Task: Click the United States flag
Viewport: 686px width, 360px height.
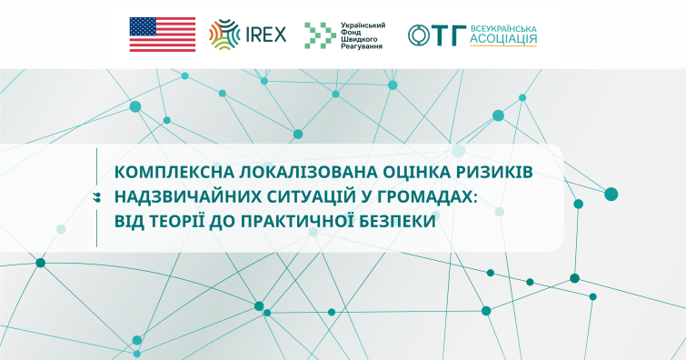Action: pyautogui.click(x=163, y=35)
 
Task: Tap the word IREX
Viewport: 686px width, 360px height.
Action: pyautogui.click(x=266, y=35)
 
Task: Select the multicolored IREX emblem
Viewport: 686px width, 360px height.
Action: pyautogui.click(x=224, y=35)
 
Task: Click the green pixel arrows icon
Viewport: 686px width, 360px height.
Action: pyautogui.click(x=320, y=35)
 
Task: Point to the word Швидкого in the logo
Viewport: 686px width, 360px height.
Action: pyautogui.click(x=358, y=39)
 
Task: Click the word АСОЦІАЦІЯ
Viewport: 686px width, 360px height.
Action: pyautogui.click(x=503, y=39)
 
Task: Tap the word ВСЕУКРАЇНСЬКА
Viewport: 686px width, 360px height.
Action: pyautogui.click(x=503, y=29)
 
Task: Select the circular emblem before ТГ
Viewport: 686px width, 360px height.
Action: pyautogui.click(x=419, y=35)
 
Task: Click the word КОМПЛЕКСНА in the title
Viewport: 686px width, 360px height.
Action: pyautogui.click(x=174, y=172)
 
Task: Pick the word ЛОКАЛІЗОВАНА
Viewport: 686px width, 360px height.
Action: pyautogui.click(x=308, y=172)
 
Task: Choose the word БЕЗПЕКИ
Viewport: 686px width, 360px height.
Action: pyautogui.click(x=397, y=221)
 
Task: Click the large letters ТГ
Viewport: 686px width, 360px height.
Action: pyautogui.click(x=450, y=35)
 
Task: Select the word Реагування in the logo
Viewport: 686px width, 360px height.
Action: pyautogui.click(x=362, y=46)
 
